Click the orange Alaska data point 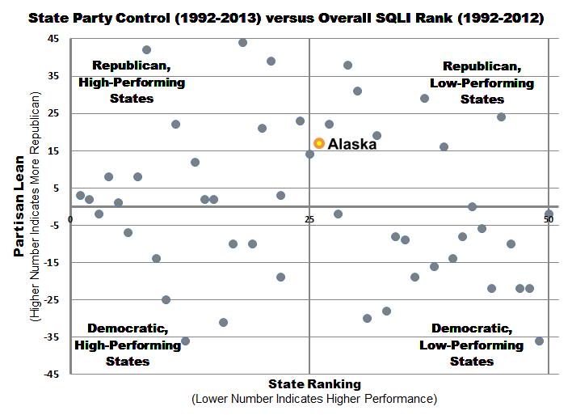[x=319, y=143]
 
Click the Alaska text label [x=352, y=144]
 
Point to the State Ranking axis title [x=314, y=383]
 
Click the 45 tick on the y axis [x=53, y=39]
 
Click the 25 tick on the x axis [x=309, y=219]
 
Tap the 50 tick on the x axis [x=548, y=219]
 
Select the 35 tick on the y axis [x=53, y=76]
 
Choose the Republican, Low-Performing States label [x=482, y=83]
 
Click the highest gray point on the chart [x=242, y=42]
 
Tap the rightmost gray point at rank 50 [x=549, y=214]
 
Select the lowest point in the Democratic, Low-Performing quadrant [x=539, y=341]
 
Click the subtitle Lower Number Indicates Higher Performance [x=313, y=399]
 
